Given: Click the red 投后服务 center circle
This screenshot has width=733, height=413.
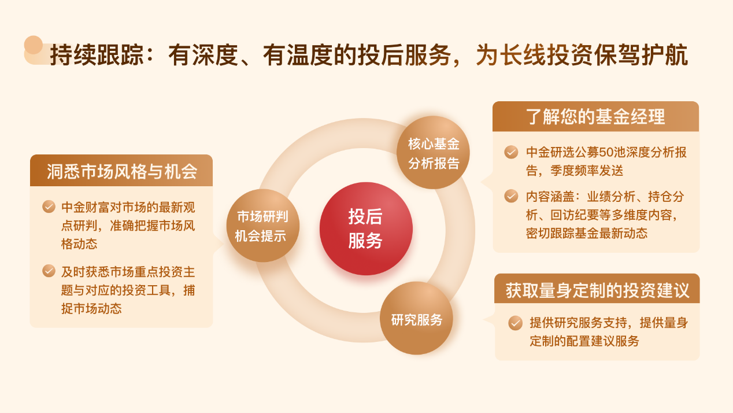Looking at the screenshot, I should (366, 228).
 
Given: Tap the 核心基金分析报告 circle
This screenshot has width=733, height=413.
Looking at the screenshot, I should (434, 153).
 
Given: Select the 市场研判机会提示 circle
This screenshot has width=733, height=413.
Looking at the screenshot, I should (262, 226).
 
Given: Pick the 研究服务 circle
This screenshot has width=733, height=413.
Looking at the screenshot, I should (416, 318).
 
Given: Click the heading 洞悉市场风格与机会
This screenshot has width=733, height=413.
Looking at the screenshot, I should (121, 171).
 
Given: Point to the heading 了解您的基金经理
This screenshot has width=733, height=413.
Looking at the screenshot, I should (595, 117).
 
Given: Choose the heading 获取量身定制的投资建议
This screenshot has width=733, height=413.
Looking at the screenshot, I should (597, 289).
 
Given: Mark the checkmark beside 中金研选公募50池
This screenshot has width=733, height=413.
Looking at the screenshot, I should (511, 152).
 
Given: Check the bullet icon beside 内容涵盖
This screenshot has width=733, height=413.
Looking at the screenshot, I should (511, 196).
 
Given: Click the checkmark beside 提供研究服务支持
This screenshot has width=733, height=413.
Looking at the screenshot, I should (515, 323).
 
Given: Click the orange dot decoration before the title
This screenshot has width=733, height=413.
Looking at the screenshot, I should (34, 45).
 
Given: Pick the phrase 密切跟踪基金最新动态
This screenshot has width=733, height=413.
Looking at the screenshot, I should (587, 234).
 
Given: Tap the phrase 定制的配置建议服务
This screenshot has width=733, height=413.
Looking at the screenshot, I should (584, 341).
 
